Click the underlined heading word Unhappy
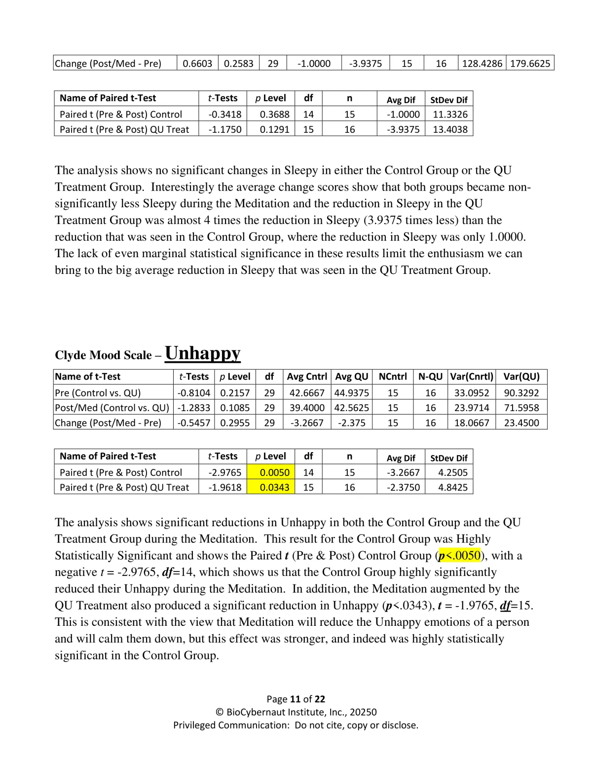[202, 353]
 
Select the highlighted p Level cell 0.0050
[274, 472]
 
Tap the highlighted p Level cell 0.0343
[274, 487]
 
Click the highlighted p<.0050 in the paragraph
[459, 555]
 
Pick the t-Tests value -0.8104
[194, 393]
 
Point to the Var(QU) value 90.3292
[521, 393]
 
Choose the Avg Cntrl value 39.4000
[307, 408]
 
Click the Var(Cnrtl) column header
[472, 377]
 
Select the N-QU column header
[430, 377]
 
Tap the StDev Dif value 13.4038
[450, 129]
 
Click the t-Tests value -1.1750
[225, 129]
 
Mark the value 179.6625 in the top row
[530, 63]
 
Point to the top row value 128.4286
[482, 63]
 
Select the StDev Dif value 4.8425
[452, 487]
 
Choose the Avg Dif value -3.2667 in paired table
[403, 472]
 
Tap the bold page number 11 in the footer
[295, 699]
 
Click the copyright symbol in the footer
[220, 712]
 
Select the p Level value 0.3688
[274, 114]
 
